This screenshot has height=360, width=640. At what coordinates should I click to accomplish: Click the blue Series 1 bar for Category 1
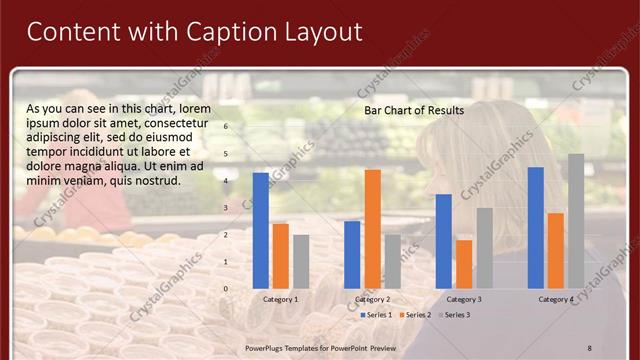coord(261,230)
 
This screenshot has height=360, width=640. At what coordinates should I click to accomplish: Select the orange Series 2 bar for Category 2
coord(373,228)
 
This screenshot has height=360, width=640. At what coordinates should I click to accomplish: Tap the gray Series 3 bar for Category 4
coord(576,221)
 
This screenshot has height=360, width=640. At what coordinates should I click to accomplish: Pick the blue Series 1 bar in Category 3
coord(444,241)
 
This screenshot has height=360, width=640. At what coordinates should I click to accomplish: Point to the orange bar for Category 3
coord(464,264)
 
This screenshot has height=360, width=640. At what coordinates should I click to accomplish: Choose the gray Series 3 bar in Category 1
coord(301,261)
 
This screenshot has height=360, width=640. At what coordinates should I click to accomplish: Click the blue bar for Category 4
coord(536,227)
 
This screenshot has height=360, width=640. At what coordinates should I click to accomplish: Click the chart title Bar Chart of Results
coord(414,110)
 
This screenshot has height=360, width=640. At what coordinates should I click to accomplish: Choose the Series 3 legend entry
coord(453,315)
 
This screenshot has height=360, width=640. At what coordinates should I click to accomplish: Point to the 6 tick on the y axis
coord(226,126)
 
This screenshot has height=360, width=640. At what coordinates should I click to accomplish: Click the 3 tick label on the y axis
coord(226,207)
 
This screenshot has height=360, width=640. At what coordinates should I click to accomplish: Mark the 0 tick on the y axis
coord(226,288)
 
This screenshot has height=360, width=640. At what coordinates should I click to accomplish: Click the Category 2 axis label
coord(373,299)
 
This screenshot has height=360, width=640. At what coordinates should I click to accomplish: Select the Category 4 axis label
coord(556,299)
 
